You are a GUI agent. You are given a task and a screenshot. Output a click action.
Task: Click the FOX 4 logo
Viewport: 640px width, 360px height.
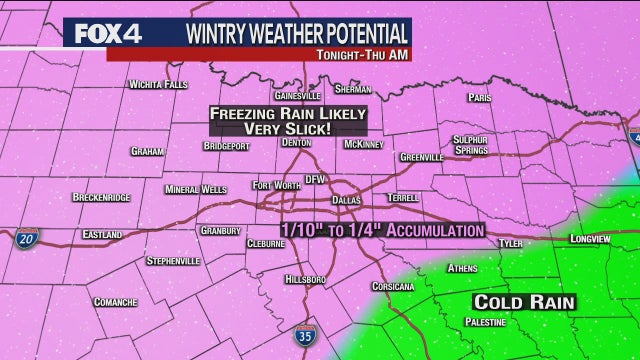(105, 33)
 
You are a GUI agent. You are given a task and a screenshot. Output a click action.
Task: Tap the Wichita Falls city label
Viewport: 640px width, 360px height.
(159, 85)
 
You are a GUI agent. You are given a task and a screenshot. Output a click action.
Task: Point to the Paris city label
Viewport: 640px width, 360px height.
(480, 99)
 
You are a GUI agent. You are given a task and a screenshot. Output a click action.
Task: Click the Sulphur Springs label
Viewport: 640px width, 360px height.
(469, 145)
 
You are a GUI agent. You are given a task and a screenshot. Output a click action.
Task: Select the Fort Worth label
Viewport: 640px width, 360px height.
(276, 185)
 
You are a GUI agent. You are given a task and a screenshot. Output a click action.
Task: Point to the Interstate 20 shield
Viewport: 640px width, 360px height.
(27, 240)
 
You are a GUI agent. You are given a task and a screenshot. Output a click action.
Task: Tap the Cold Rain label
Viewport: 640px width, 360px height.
(510, 301)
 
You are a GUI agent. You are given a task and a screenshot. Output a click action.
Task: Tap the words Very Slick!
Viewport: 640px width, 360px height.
(285, 131)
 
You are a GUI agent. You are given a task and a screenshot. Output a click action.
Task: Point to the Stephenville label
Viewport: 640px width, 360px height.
(173, 261)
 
